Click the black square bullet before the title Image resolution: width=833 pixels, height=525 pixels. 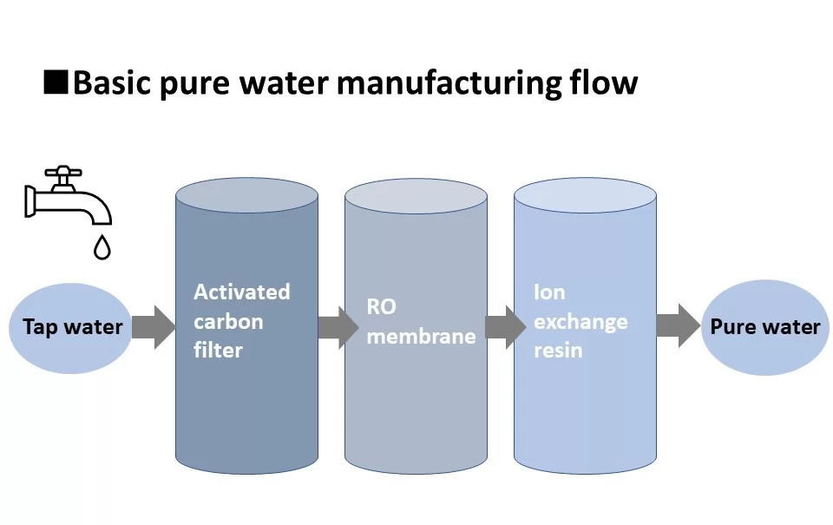coord(56,82)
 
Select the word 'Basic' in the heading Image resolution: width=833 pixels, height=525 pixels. coord(113,82)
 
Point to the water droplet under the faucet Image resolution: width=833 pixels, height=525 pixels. coord(102,247)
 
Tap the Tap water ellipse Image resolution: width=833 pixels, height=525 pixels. coord(70,328)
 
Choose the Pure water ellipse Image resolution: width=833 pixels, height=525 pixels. coord(765,327)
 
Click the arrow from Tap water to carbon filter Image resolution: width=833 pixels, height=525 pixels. coord(154,327)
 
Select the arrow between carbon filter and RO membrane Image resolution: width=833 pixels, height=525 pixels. coord(338,327)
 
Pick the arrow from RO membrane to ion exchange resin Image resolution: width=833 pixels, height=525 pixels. coord(506,327)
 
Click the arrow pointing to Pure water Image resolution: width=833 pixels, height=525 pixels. coord(679,325)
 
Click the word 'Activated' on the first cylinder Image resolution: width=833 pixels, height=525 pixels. coord(242,292)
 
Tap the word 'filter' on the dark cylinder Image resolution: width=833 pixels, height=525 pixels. coord(218,351)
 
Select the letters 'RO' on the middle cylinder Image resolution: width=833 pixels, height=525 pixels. coord(382,306)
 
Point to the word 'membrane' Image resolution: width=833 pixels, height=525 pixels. coord(422,336)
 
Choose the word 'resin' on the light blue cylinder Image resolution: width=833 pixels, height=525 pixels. coord(558,351)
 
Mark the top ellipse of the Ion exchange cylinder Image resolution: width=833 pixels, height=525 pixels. coord(585,195)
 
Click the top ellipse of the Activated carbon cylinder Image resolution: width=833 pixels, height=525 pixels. coord(247,195)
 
